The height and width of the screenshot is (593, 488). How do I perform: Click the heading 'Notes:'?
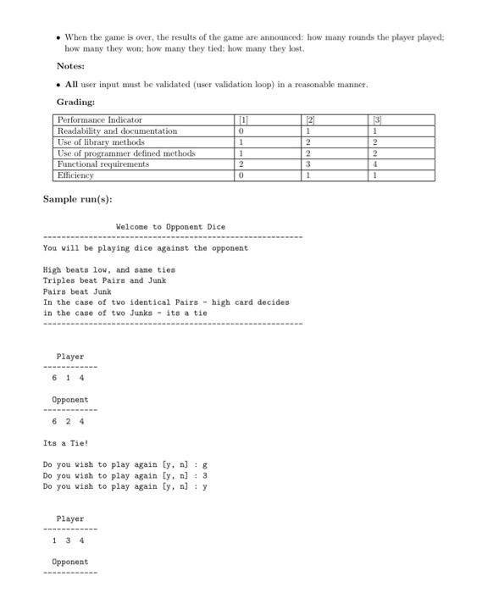tap(70, 66)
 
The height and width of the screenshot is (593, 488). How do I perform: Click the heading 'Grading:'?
tap(75, 102)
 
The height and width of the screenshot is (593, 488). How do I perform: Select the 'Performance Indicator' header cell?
tap(100, 120)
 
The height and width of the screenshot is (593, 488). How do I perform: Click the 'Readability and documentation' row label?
tap(117, 131)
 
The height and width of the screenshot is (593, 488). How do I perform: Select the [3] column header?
tap(376, 120)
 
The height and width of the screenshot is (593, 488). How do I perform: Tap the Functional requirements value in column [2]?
tap(310, 164)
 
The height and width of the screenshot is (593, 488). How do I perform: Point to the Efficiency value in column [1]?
tap(242, 175)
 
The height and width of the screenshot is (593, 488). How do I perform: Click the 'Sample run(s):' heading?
tap(78, 199)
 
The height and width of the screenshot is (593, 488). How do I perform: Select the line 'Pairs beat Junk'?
tap(77, 291)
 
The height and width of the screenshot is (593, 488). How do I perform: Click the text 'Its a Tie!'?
tap(64, 443)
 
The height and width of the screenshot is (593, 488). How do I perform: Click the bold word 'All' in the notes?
tap(72, 85)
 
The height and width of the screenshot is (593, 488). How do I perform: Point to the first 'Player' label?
tap(70, 357)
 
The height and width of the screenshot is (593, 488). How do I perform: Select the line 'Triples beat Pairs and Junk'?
tap(104, 280)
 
